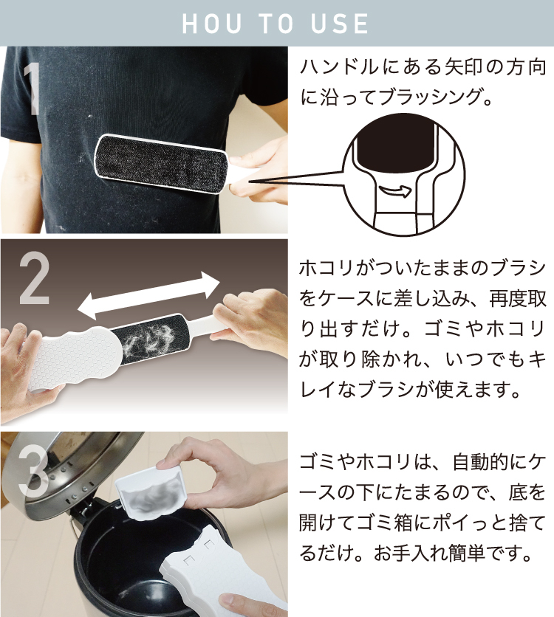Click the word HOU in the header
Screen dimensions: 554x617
click(211, 24)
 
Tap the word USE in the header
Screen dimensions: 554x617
click(341, 24)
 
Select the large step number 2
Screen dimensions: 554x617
click(35, 278)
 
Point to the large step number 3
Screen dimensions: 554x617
click(33, 471)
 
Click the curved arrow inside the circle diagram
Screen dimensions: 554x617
click(395, 191)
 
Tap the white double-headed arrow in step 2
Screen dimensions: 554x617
click(148, 295)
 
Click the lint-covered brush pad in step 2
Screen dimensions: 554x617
click(151, 339)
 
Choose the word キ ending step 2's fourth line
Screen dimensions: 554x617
click(537, 359)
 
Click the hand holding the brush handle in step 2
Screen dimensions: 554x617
click(252, 319)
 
